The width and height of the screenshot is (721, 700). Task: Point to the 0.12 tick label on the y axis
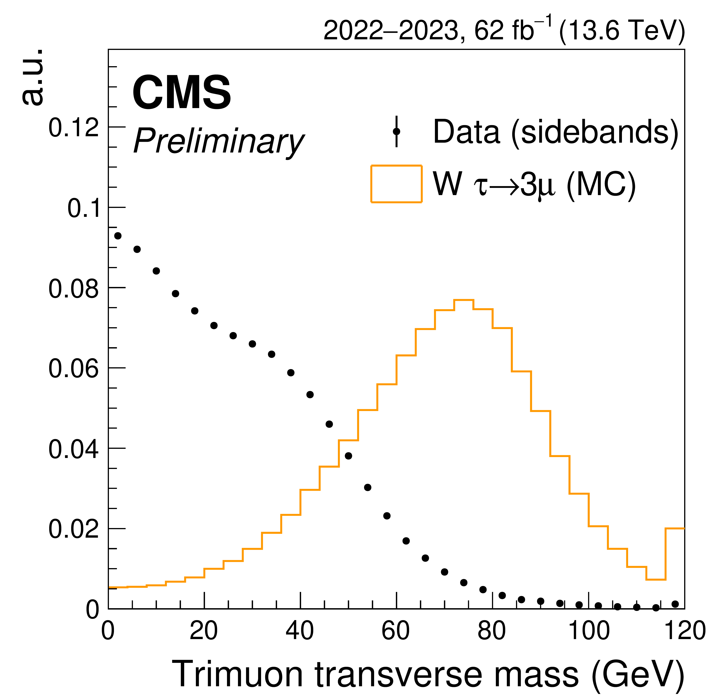pyautogui.click(x=74, y=128)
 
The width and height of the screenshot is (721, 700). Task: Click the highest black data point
pyautogui.click(x=118, y=236)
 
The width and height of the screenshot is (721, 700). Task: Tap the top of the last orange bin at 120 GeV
pyautogui.click(x=675, y=528)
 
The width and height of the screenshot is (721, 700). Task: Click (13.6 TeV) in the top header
pyautogui.click(x=622, y=30)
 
